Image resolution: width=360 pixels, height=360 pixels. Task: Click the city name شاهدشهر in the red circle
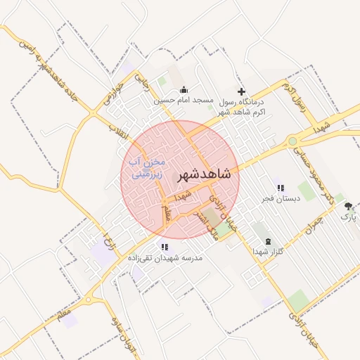(x=205, y=174)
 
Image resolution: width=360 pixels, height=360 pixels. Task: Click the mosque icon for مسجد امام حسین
(x=184, y=89)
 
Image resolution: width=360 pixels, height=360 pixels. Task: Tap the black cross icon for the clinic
(x=242, y=91)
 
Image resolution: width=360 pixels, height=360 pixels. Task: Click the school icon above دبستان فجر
(x=280, y=188)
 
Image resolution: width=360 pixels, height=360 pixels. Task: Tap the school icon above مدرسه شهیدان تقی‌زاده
(x=165, y=247)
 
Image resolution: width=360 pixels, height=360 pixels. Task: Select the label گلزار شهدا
(x=267, y=252)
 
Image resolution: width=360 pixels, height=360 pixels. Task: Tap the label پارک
(x=349, y=217)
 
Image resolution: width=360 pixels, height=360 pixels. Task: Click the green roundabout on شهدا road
(x=292, y=141)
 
